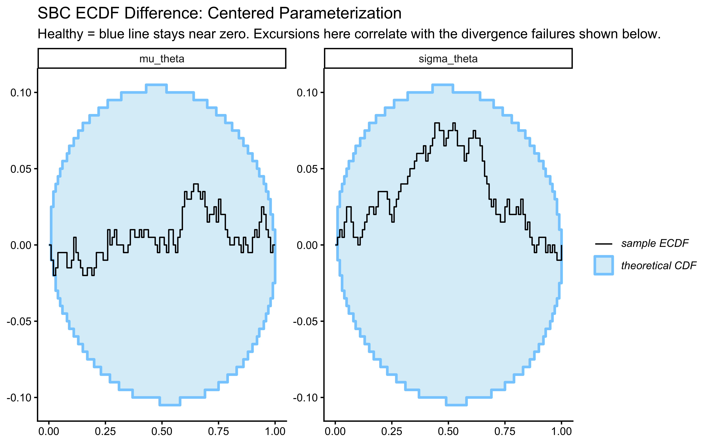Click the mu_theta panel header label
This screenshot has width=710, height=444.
pyautogui.click(x=162, y=59)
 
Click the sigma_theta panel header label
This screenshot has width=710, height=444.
pyautogui.click(x=448, y=59)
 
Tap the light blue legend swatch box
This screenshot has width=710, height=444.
pyautogui.click(x=603, y=266)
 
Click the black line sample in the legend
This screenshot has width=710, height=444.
pyautogui.click(x=603, y=244)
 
